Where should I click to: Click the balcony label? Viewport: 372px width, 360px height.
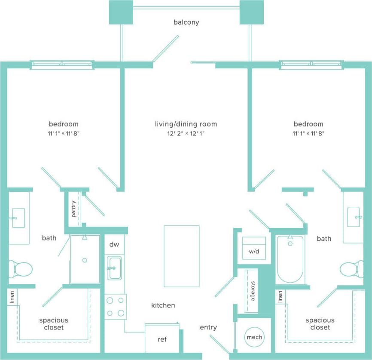186,22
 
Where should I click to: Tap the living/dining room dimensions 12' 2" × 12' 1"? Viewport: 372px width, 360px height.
186,133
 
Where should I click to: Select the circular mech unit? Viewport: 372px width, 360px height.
254,337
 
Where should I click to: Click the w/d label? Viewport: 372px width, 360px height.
254,252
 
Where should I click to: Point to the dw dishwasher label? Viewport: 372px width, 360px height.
114,245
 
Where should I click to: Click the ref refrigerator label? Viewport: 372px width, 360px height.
162,339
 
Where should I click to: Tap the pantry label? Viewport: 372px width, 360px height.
74,209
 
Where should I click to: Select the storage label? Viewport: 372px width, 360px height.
253,291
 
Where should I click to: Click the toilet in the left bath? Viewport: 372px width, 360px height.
21,269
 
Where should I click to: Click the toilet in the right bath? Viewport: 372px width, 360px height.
350,270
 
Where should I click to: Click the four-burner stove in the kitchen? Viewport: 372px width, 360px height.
116,307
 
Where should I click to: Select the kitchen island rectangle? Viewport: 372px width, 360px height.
181,256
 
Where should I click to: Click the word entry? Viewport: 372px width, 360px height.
208,327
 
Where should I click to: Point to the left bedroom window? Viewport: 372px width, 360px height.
62,65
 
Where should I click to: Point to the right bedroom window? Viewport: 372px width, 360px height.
311,65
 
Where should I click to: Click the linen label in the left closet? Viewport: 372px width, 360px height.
12,297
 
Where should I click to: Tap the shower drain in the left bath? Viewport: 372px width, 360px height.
85,260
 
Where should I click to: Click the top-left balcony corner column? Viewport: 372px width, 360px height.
121,12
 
